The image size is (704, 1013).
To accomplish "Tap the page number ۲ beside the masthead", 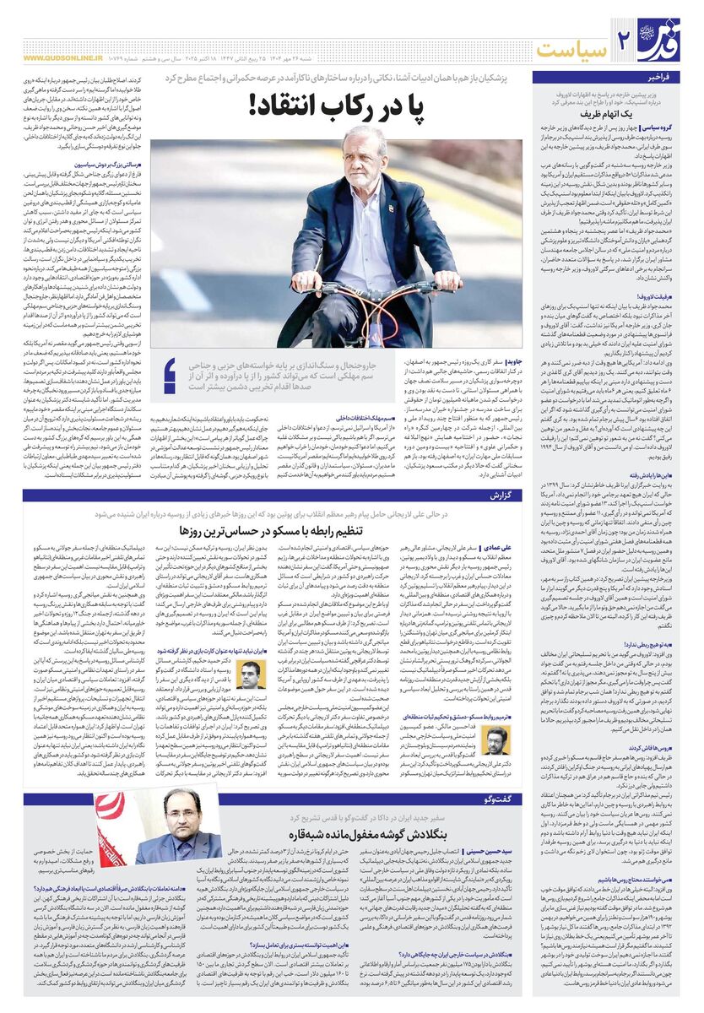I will [x=625, y=41].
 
